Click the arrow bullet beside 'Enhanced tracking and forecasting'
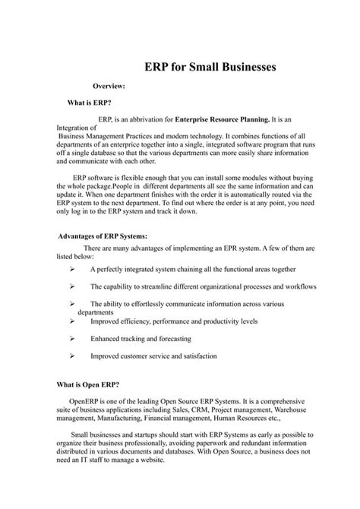coord(71,339)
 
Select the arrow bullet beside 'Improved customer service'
coord(71,356)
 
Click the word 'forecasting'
coord(172,339)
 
